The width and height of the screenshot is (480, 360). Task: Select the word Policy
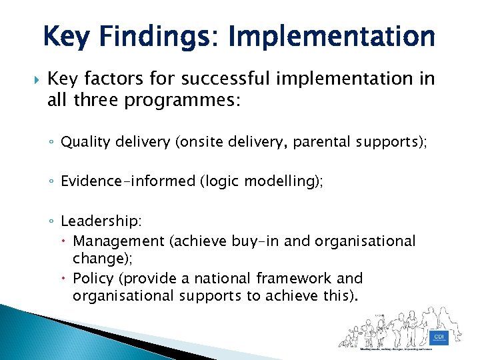pyautogui.click(x=93, y=278)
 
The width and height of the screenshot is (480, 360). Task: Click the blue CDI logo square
pyautogui.click(x=438, y=337)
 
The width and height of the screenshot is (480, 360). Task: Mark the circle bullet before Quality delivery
pyautogui.click(x=52, y=143)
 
